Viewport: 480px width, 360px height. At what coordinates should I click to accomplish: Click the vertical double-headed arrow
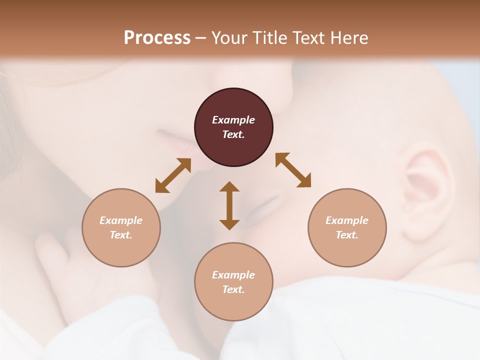pyautogui.click(x=229, y=205)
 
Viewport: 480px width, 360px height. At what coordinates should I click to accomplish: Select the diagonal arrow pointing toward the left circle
pyautogui.click(x=173, y=175)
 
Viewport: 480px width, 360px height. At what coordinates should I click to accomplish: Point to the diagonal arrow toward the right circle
pyautogui.click(x=293, y=170)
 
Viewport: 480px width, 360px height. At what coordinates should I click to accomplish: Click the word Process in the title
pyautogui.click(x=157, y=37)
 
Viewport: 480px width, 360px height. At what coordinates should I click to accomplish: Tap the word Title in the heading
pyautogui.click(x=269, y=37)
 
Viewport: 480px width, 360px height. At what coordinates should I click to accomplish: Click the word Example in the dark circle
pyautogui.click(x=233, y=120)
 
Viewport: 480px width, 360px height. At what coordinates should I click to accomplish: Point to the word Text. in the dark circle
pyautogui.click(x=233, y=134)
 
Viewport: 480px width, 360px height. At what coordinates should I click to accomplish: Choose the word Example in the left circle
pyautogui.click(x=121, y=220)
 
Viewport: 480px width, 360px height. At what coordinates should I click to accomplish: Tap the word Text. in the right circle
pyautogui.click(x=347, y=235)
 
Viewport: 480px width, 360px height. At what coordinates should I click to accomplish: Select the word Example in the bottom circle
pyautogui.click(x=233, y=275)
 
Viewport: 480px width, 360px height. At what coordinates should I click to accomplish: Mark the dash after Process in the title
pyautogui.click(x=200, y=37)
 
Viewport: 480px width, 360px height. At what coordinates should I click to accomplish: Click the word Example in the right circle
pyautogui.click(x=347, y=220)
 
